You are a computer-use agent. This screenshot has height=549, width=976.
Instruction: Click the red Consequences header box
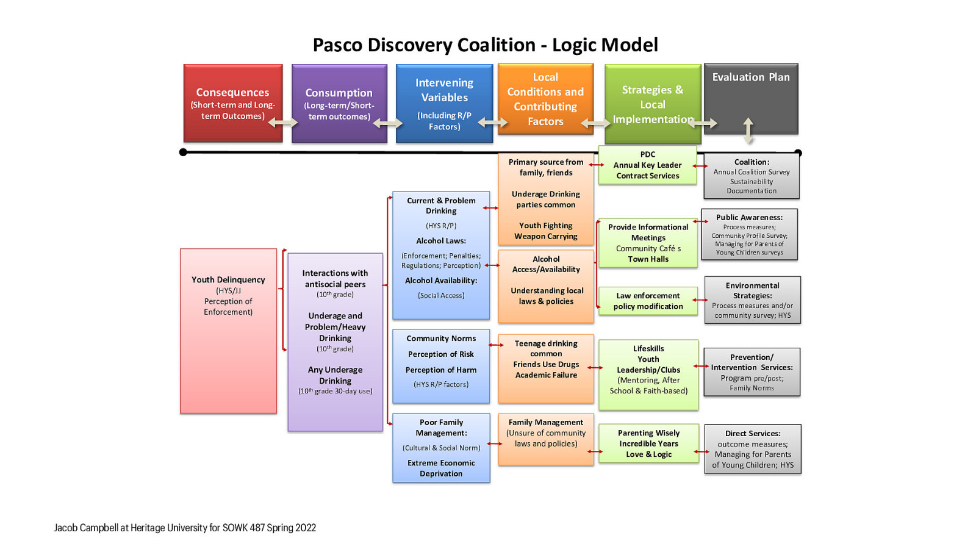click(x=232, y=102)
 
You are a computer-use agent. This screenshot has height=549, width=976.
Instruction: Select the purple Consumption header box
click(x=339, y=102)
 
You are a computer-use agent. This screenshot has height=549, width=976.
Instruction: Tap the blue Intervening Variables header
click(x=444, y=102)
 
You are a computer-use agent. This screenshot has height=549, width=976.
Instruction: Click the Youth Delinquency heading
click(x=228, y=279)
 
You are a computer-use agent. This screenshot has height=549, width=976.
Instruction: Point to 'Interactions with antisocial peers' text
click(x=335, y=279)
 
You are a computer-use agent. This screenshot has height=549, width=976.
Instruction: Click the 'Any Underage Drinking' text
click(x=335, y=375)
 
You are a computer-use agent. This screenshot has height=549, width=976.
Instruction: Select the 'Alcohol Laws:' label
click(x=441, y=241)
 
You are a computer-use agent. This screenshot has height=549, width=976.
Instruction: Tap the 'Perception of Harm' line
click(x=441, y=370)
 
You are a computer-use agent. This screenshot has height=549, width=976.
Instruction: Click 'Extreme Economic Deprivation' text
click(x=441, y=468)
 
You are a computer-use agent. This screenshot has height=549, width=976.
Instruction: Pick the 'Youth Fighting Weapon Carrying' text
click(x=546, y=231)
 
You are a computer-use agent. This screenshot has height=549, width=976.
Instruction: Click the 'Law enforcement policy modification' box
click(x=648, y=301)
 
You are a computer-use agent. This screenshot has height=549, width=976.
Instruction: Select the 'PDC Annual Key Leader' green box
click(x=648, y=165)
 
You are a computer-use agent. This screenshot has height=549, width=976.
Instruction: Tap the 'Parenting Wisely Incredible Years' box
click(x=648, y=443)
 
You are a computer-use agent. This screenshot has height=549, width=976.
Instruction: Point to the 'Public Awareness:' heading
click(x=749, y=217)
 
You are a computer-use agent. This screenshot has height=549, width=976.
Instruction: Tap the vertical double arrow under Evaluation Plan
click(x=748, y=131)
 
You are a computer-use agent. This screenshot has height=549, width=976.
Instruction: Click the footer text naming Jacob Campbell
click(x=185, y=528)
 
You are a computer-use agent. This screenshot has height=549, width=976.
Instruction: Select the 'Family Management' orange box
click(x=546, y=431)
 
